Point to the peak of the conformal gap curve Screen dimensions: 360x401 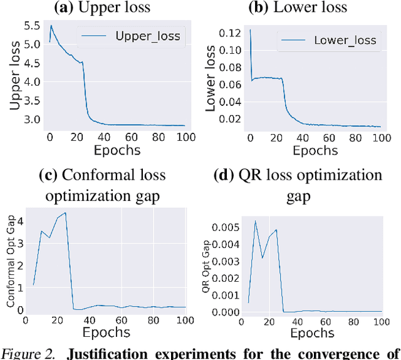pos(65,213)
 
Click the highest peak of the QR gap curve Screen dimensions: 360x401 pos(255,221)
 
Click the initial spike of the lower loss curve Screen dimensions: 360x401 pos(251,30)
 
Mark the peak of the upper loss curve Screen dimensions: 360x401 pos(51,26)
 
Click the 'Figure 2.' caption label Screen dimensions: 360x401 pos(29,353)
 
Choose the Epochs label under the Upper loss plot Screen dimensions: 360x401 pos(117,150)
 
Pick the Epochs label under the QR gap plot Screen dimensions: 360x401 pos(311,333)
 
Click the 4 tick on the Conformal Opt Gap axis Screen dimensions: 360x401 pos(21,221)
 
